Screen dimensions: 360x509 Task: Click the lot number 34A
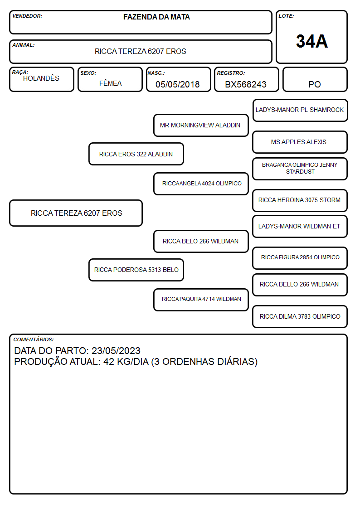point(311,41)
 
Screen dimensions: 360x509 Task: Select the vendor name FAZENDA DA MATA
point(156,17)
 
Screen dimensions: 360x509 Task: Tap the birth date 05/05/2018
point(178,84)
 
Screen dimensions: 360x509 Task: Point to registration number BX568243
point(246,84)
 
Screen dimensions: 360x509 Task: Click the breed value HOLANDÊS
point(41,78)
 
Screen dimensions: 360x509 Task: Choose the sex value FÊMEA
point(110,83)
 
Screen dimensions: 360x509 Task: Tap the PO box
point(315,79)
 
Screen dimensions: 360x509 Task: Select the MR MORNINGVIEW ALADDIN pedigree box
point(201,125)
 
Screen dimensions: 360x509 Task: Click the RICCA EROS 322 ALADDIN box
point(136,154)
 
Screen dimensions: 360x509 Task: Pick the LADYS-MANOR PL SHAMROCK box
point(300,111)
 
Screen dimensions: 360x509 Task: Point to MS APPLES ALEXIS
point(299,142)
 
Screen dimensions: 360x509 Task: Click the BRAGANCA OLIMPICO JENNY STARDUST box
point(300,169)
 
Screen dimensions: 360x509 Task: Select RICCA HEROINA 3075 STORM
point(299,200)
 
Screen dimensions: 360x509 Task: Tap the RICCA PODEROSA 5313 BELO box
point(136,270)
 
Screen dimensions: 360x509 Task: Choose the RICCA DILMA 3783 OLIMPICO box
point(300,316)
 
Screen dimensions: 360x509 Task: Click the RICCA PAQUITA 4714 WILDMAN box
point(201,300)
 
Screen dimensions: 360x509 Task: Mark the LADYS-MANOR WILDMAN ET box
point(300,226)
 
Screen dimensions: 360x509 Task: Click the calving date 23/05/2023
point(116,350)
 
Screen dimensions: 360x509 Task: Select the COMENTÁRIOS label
point(34,339)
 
